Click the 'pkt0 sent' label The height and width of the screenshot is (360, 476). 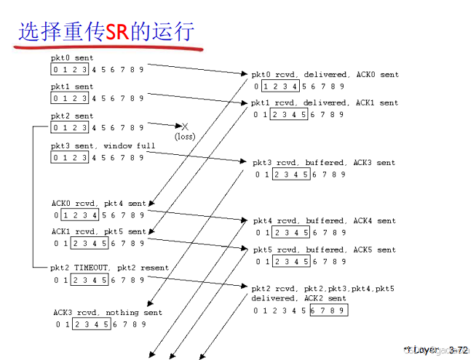click(x=72, y=57)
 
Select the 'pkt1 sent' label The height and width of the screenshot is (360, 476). click(x=72, y=87)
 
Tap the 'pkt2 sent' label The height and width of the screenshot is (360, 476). click(x=72, y=116)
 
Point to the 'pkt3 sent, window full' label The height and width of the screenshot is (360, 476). click(x=103, y=145)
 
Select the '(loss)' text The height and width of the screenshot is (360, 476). click(x=185, y=136)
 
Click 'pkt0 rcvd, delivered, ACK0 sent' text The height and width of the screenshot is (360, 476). click(x=325, y=74)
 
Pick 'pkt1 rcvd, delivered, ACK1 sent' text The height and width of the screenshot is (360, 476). click(x=325, y=103)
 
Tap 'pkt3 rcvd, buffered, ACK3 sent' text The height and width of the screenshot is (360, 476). click(x=325, y=162)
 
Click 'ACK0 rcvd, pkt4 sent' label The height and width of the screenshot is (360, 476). click(x=98, y=204)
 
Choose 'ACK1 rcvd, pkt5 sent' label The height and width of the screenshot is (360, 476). click(x=98, y=231)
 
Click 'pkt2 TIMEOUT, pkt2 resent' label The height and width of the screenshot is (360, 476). click(x=109, y=268)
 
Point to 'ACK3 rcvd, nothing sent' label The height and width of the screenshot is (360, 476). click(x=107, y=313)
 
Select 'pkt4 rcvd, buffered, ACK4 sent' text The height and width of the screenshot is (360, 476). click(x=325, y=220)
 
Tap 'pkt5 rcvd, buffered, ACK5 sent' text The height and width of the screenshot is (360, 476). click(x=325, y=249)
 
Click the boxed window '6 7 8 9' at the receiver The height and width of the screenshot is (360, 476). click(x=328, y=311)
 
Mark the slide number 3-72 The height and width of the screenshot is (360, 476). click(x=459, y=350)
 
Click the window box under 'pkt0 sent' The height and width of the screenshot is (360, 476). click(x=71, y=69)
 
